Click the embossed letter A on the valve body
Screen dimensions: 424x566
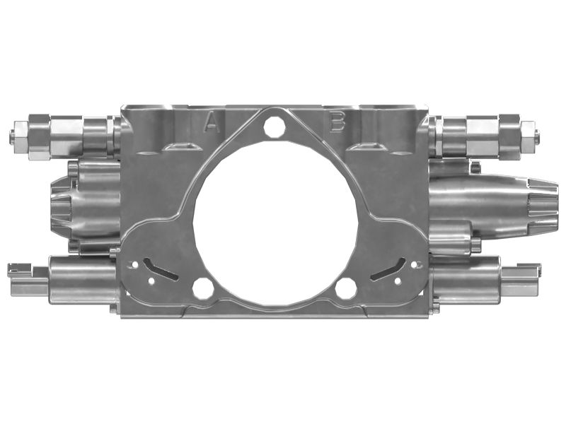tap(211, 123)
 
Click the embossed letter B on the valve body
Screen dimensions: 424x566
tap(337, 123)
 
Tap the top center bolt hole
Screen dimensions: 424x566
tap(275, 127)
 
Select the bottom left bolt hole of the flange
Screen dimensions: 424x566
tap(202, 288)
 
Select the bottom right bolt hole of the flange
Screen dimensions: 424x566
tap(345, 288)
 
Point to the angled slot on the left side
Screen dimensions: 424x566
tap(160, 268)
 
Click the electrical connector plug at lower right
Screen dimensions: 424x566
tap(521, 279)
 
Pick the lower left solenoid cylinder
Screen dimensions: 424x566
tap(81, 280)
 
